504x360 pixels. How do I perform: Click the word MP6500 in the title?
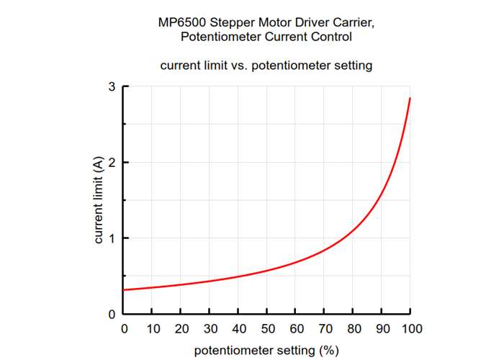click(x=181, y=22)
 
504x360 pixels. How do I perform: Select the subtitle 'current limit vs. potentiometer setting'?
click(x=266, y=66)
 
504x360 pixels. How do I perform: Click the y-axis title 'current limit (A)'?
click(x=99, y=201)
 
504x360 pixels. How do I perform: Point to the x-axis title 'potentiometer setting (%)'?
click(x=266, y=351)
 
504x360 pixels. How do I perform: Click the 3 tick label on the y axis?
click(x=112, y=87)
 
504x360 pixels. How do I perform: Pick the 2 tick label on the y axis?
click(x=112, y=163)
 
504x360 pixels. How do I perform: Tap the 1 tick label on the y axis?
click(x=112, y=238)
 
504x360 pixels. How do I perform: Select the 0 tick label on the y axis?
click(x=112, y=314)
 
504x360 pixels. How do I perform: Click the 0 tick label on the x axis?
click(x=124, y=329)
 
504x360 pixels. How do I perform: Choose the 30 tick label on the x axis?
click(x=210, y=329)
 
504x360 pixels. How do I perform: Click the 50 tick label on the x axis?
click(x=266, y=329)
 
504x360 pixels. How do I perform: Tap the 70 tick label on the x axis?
click(x=324, y=329)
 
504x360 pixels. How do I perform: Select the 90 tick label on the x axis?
click(x=382, y=329)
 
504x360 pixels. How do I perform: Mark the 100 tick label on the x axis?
click(x=410, y=329)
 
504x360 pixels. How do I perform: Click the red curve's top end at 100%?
click(x=410, y=98)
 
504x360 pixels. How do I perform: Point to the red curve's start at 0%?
click(x=125, y=289)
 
